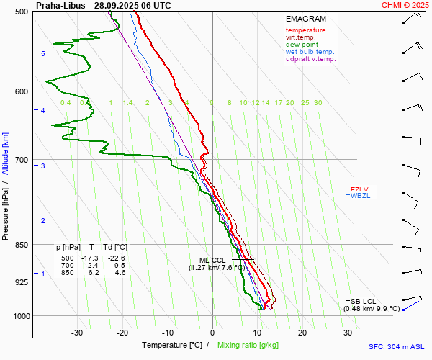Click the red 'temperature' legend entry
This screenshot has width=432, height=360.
[x=305, y=30]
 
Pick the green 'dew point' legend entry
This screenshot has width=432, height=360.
[x=302, y=45]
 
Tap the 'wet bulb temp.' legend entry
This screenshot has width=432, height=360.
[x=310, y=52]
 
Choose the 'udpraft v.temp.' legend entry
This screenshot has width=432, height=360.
[x=310, y=59]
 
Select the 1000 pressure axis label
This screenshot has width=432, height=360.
[x=21, y=316]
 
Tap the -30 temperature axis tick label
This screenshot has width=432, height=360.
[x=77, y=333]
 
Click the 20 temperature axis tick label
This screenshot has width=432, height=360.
[x=302, y=333]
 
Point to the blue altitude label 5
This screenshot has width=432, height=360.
[x=43, y=54]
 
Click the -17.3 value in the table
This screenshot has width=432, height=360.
[x=89, y=258]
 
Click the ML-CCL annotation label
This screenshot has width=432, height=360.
[x=214, y=260]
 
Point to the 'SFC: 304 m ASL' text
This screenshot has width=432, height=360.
[x=399, y=346]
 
